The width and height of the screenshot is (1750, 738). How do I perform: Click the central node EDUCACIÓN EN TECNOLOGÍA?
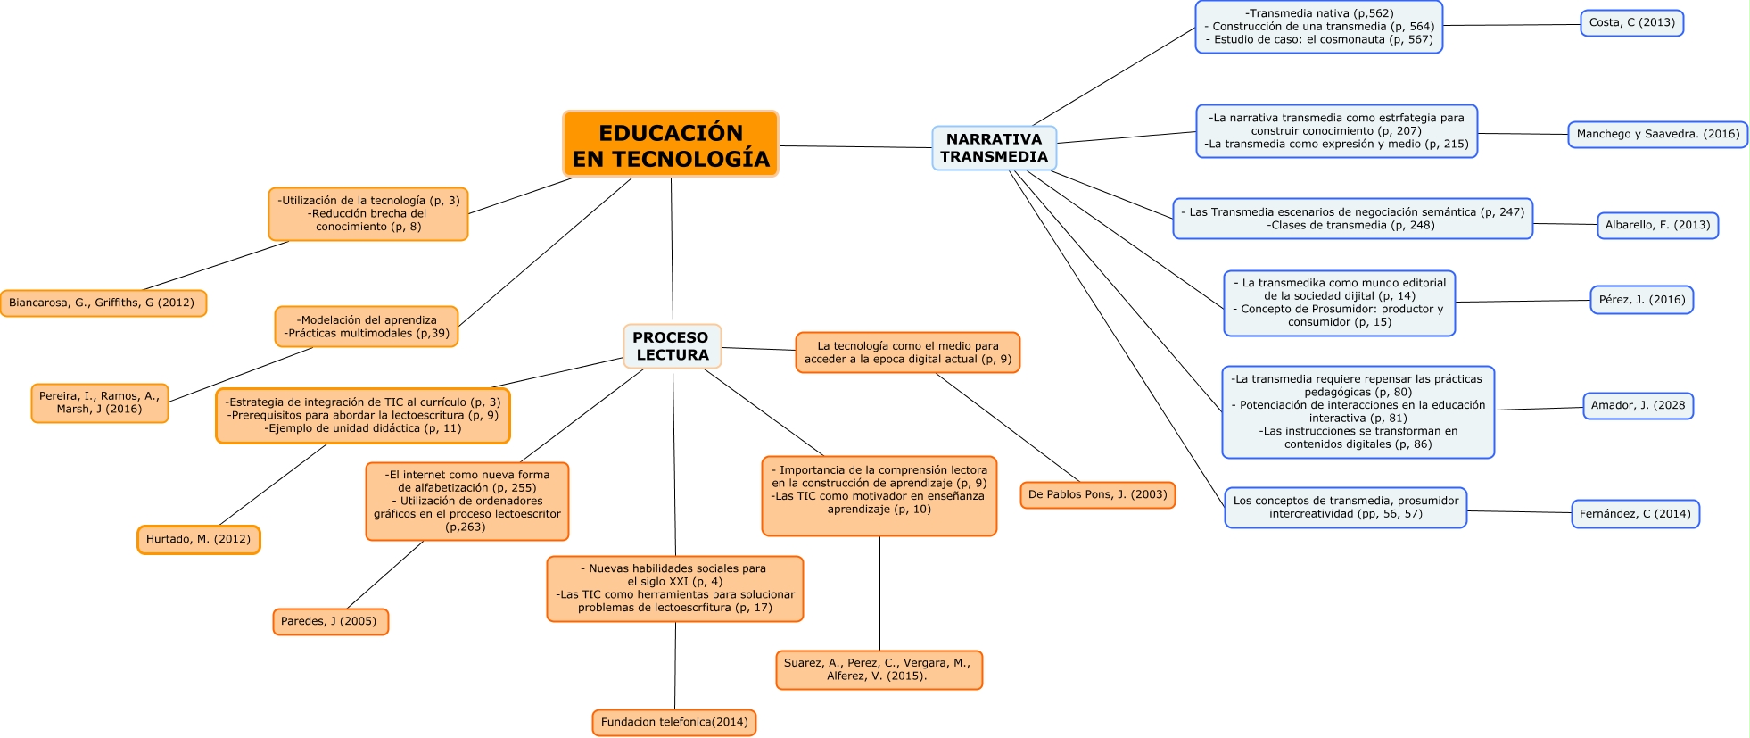671,145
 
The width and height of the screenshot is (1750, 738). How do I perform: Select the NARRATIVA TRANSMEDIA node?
994,148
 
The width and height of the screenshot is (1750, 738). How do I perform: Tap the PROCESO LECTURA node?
672,346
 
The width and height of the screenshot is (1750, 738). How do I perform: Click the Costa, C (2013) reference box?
1631,23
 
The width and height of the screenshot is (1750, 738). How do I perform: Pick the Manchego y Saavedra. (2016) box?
1657,135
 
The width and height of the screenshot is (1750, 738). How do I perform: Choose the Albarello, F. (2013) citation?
1657,226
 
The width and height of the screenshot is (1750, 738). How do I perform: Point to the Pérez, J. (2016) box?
1641,300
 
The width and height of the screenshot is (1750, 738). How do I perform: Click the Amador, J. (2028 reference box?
1638,406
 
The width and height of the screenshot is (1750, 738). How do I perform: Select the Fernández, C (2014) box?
1635,514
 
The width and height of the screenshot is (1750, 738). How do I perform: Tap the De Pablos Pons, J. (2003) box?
1097,495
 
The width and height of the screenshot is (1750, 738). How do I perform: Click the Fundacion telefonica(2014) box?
674,723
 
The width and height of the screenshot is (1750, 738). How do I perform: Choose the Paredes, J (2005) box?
330,622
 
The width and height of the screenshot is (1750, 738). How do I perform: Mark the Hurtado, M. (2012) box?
198,540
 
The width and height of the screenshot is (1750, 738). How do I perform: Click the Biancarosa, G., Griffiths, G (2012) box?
103,303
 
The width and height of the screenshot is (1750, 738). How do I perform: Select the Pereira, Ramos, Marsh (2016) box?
100,403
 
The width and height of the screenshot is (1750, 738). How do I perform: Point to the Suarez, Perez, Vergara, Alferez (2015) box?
879,670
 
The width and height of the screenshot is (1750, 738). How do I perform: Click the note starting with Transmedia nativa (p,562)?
1318,27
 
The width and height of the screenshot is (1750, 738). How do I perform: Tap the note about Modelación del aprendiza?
367,327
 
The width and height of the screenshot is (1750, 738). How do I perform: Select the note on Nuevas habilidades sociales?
674,589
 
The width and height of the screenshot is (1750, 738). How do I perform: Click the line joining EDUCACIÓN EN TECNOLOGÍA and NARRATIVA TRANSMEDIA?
854,146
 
